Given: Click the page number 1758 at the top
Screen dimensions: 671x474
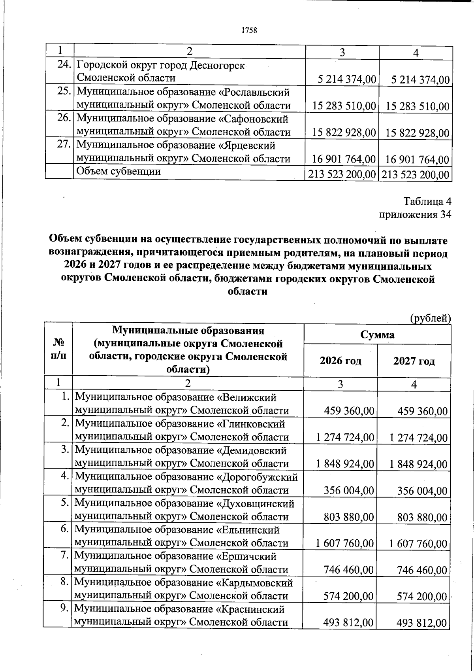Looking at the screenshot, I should click(x=248, y=30).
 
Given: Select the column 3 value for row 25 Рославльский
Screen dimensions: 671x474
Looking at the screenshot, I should click(x=343, y=106).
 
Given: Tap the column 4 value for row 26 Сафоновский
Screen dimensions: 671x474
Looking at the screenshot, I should click(x=417, y=133).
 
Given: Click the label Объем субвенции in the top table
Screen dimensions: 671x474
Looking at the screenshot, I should click(x=118, y=172).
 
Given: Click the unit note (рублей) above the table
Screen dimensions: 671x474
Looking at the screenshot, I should click(x=430, y=318).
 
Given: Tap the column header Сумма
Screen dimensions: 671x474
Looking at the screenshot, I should click(x=377, y=335).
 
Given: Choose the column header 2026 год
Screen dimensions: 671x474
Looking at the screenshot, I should click(x=340, y=361).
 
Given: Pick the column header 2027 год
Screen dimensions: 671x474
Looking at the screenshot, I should click(x=414, y=361).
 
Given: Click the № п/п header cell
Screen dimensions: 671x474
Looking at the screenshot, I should click(x=58, y=348).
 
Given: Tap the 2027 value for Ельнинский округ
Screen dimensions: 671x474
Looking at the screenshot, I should click(x=418, y=544).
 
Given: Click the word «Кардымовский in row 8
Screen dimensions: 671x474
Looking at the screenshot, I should click(x=255, y=583).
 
